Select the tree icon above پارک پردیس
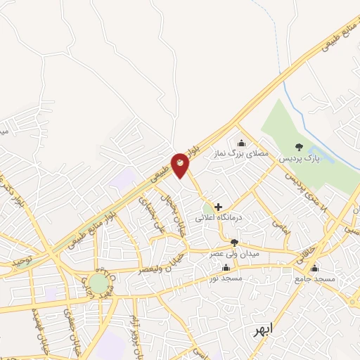click(300, 147)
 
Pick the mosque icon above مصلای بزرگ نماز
click(242, 143)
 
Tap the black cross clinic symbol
click(218, 207)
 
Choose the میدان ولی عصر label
click(235, 252)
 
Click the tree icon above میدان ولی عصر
click(234, 243)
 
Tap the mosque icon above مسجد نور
click(226, 268)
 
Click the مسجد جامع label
click(314, 279)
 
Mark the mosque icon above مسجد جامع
click(314, 268)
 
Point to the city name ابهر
click(266, 330)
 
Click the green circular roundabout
click(98, 283)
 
